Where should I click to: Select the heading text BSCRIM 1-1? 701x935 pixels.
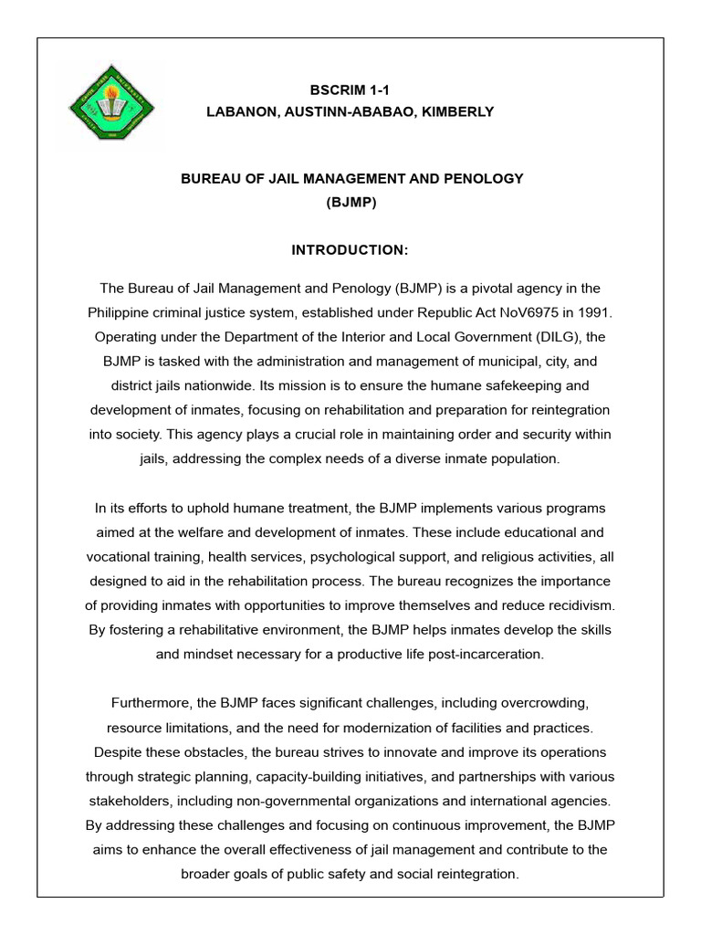click(x=350, y=89)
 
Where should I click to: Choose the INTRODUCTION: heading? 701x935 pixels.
click(x=350, y=249)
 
